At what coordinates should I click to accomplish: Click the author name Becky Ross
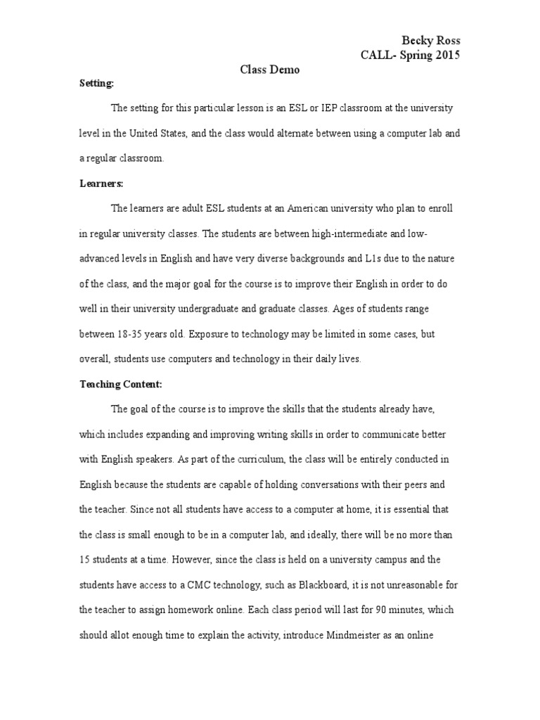tap(430, 41)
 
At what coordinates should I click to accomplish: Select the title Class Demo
tap(270, 70)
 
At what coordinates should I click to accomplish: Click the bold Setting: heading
tap(96, 83)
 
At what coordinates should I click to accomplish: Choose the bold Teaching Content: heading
tap(120, 384)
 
